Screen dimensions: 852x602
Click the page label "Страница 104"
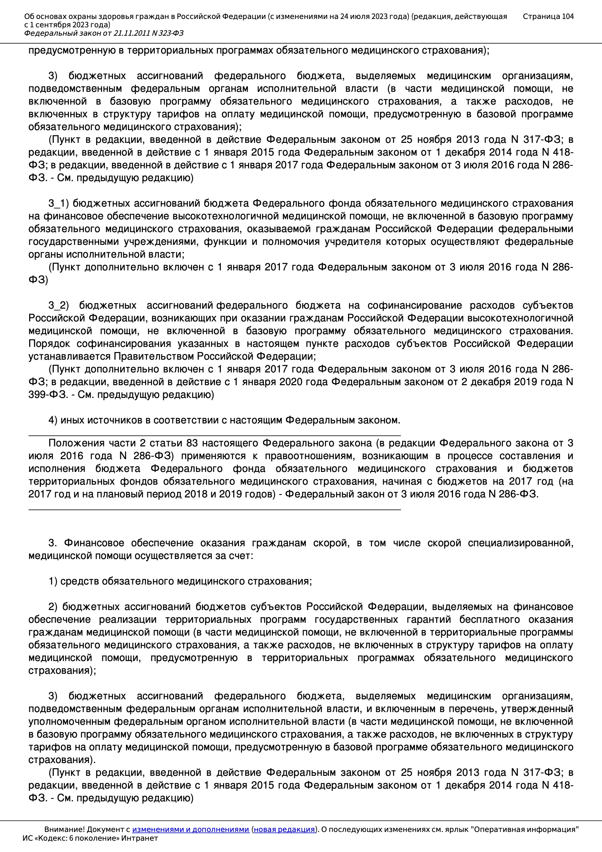(548, 16)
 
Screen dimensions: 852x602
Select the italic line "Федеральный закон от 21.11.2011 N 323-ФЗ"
(104, 34)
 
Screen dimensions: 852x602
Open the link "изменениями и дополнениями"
(190, 829)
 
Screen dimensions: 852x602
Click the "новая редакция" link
(284, 829)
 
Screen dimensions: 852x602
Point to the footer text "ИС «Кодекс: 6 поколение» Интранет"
(90, 838)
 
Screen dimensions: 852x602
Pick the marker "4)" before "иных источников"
(53, 420)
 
